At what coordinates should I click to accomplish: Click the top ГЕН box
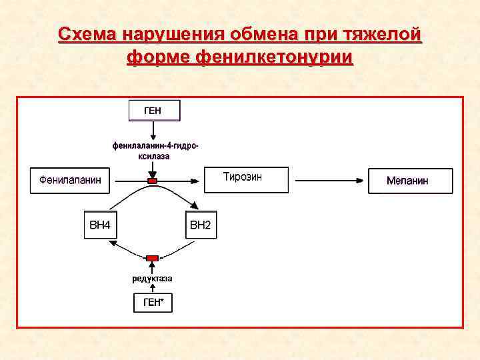click(x=153, y=110)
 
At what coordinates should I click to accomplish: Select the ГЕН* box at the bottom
click(x=153, y=303)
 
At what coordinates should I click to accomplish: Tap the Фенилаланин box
click(x=70, y=180)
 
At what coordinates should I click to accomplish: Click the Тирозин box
click(x=246, y=179)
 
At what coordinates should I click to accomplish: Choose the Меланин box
click(x=410, y=181)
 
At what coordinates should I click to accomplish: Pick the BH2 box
click(x=200, y=225)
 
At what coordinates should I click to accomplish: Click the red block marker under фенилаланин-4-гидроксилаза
click(x=153, y=181)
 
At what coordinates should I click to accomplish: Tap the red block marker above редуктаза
click(x=153, y=257)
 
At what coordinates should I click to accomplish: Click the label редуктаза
click(x=152, y=278)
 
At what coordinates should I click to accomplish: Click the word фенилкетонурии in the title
click(x=273, y=57)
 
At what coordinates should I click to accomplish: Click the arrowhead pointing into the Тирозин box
click(x=198, y=180)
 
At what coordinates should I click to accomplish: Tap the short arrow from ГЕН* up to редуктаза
click(x=153, y=288)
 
